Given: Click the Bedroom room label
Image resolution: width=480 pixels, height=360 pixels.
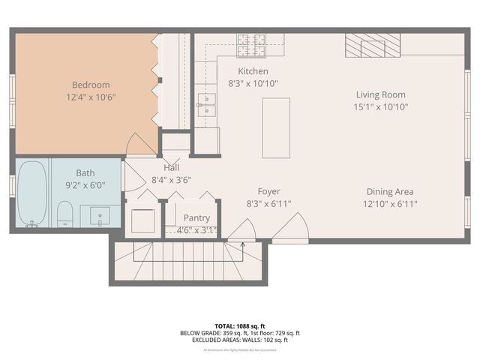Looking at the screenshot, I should (91, 85).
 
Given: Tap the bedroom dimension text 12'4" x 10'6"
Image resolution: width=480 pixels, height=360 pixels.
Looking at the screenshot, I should (91, 97).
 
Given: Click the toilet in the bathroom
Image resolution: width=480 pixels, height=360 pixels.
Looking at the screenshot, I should (64, 213).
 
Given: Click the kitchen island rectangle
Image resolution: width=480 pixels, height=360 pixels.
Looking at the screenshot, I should (275, 127).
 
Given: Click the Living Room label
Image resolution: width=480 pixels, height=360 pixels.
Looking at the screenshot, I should (380, 94).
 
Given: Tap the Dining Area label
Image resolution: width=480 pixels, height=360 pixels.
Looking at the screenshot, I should (390, 192).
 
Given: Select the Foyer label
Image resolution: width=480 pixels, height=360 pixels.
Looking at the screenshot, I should (268, 191).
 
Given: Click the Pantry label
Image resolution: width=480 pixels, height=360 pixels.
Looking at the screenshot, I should (196, 217).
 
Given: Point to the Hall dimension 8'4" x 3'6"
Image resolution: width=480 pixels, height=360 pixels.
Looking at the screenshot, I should (171, 180).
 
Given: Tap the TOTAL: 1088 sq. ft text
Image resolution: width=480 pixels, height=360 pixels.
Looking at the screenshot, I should (239, 326).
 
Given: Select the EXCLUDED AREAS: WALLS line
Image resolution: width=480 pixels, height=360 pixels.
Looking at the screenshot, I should (240, 340).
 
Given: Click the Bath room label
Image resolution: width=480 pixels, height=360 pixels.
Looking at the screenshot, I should (85, 172).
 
